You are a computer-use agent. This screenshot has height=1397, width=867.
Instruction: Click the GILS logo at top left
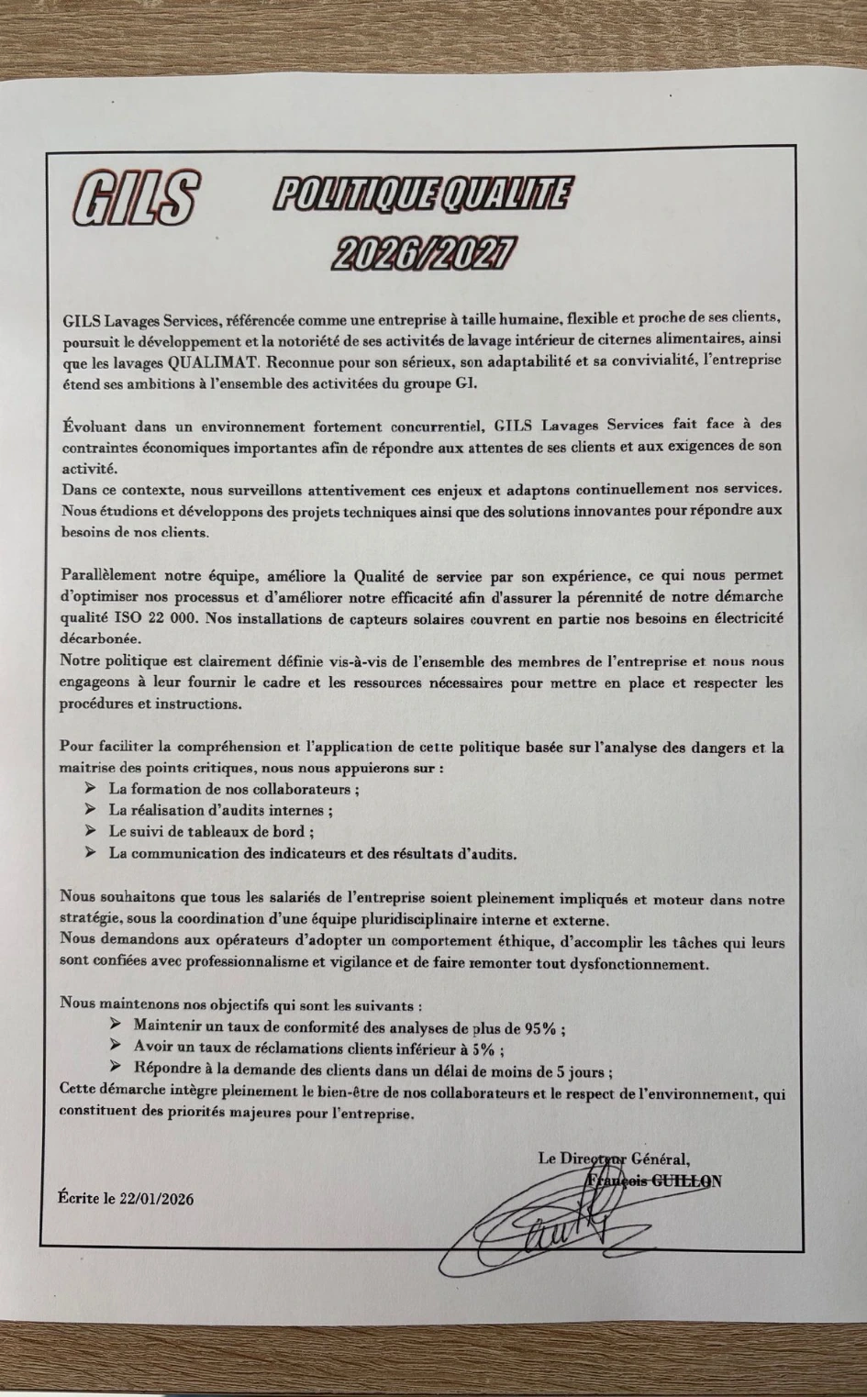click(x=135, y=198)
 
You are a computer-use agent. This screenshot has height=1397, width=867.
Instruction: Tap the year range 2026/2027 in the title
click(x=423, y=252)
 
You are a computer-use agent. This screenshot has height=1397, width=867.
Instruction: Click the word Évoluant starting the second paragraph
click(x=92, y=427)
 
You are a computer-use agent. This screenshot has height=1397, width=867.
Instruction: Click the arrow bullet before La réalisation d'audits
click(x=90, y=810)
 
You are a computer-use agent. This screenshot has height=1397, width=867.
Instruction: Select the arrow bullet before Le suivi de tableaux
click(x=90, y=831)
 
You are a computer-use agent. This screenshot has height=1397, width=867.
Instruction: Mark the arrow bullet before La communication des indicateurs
click(x=90, y=853)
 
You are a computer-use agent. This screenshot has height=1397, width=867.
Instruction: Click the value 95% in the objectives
click(x=539, y=1028)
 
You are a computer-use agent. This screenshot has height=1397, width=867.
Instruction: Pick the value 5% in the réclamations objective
click(x=484, y=1049)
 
